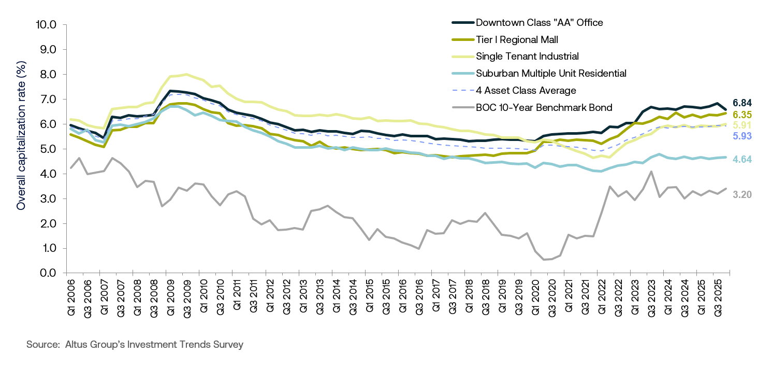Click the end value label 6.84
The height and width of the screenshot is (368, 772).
pos(742,103)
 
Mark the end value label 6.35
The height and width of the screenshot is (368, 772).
pos(742,115)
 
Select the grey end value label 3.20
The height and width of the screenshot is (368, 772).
pos(742,194)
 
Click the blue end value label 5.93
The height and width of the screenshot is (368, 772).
pos(742,136)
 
